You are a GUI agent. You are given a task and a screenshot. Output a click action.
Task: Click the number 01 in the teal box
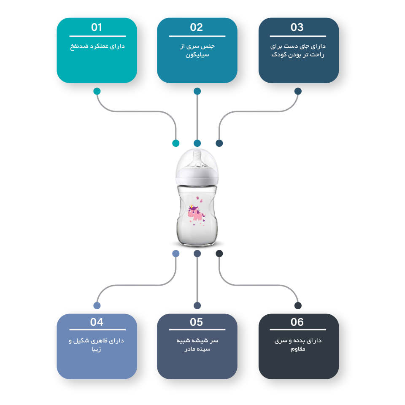click(97, 27)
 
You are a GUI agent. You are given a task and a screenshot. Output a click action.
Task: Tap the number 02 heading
click(196, 27)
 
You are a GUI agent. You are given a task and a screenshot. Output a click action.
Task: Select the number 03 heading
click(297, 27)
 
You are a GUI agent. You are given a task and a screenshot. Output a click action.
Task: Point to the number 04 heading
click(97, 322)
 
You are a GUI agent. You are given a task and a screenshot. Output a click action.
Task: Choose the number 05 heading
click(196, 322)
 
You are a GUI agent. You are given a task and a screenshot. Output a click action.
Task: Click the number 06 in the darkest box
click(297, 322)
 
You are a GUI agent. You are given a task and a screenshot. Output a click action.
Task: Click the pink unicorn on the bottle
click(196, 212)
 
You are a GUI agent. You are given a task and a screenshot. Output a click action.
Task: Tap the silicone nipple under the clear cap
click(197, 159)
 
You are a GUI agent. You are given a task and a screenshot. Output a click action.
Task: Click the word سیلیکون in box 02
click(197, 55)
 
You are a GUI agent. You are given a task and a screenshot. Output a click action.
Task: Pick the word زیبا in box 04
click(96, 349)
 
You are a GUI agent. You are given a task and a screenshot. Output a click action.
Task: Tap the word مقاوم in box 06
click(298, 349)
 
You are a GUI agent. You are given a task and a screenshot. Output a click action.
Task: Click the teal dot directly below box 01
click(97, 91)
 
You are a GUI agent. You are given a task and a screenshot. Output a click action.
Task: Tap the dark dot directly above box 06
click(298, 305)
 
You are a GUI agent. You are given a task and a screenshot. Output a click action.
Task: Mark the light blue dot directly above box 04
click(97, 305)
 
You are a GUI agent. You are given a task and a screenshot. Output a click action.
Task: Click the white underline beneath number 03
click(298, 36)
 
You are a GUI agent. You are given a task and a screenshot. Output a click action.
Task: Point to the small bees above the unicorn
click(199, 199)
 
